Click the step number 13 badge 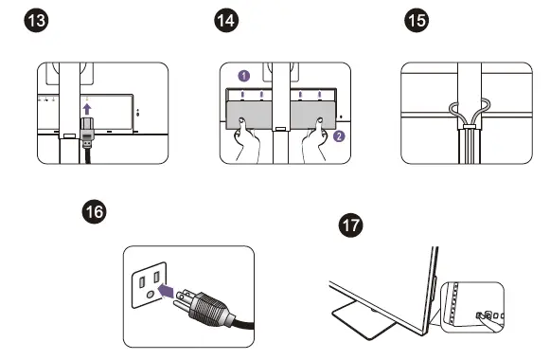(36, 20)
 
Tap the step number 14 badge (226, 20)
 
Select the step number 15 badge (417, 20)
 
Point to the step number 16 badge (95, 211)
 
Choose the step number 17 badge (351, 225)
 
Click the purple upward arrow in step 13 (87, 109)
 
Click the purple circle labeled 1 (244, 76)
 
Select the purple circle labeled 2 (339, 136)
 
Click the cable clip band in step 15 (470, 127)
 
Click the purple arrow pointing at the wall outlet (167, 291)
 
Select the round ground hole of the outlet (151, 294)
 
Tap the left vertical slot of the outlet (142, 281)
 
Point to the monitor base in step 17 (364, 319)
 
